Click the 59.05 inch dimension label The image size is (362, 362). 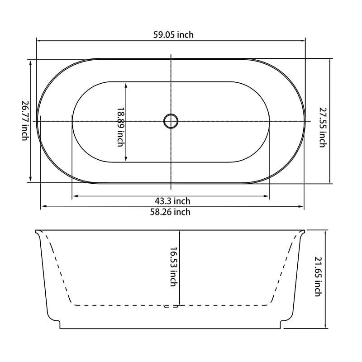coord(173,35)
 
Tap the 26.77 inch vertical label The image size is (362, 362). coord(25,120)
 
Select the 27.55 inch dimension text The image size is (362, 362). coord(322,127)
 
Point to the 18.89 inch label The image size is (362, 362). coord(120,127)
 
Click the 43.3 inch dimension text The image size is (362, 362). coord(173,201)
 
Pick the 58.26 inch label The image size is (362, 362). coord(170,212)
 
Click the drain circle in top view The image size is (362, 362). coord(171,121)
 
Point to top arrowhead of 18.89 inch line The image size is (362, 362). coord(125,85)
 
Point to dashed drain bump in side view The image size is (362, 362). coord(171,306)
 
